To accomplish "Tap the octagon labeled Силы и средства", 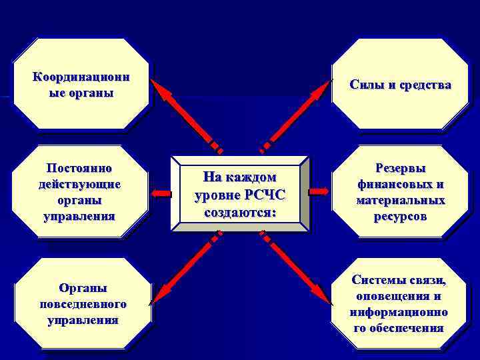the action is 400,85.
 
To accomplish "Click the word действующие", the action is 80,183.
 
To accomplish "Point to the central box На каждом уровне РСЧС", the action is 239,194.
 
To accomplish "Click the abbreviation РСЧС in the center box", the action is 267,196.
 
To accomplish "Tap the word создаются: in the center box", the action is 239,212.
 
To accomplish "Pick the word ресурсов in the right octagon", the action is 400,217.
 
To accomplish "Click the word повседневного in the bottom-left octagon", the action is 83,304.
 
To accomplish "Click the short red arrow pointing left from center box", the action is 160,193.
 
